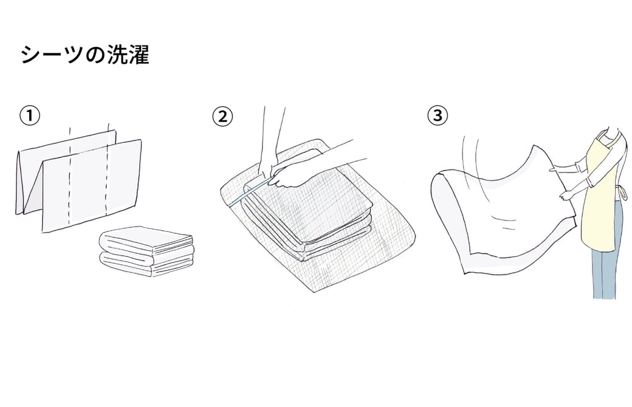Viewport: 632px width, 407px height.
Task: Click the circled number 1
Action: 30,116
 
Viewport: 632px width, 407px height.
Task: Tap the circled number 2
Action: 222,117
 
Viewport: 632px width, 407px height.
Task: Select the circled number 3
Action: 438,116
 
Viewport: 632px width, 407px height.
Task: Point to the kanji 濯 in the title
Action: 139,55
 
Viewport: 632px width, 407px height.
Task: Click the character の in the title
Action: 95,55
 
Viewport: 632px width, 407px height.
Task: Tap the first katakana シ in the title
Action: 31,55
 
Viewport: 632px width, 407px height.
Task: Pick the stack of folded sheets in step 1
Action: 146,251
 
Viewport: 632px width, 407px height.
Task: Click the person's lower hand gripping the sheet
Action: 565,196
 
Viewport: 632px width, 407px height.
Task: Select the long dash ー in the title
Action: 52,55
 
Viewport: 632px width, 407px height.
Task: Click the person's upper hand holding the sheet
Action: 552,170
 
